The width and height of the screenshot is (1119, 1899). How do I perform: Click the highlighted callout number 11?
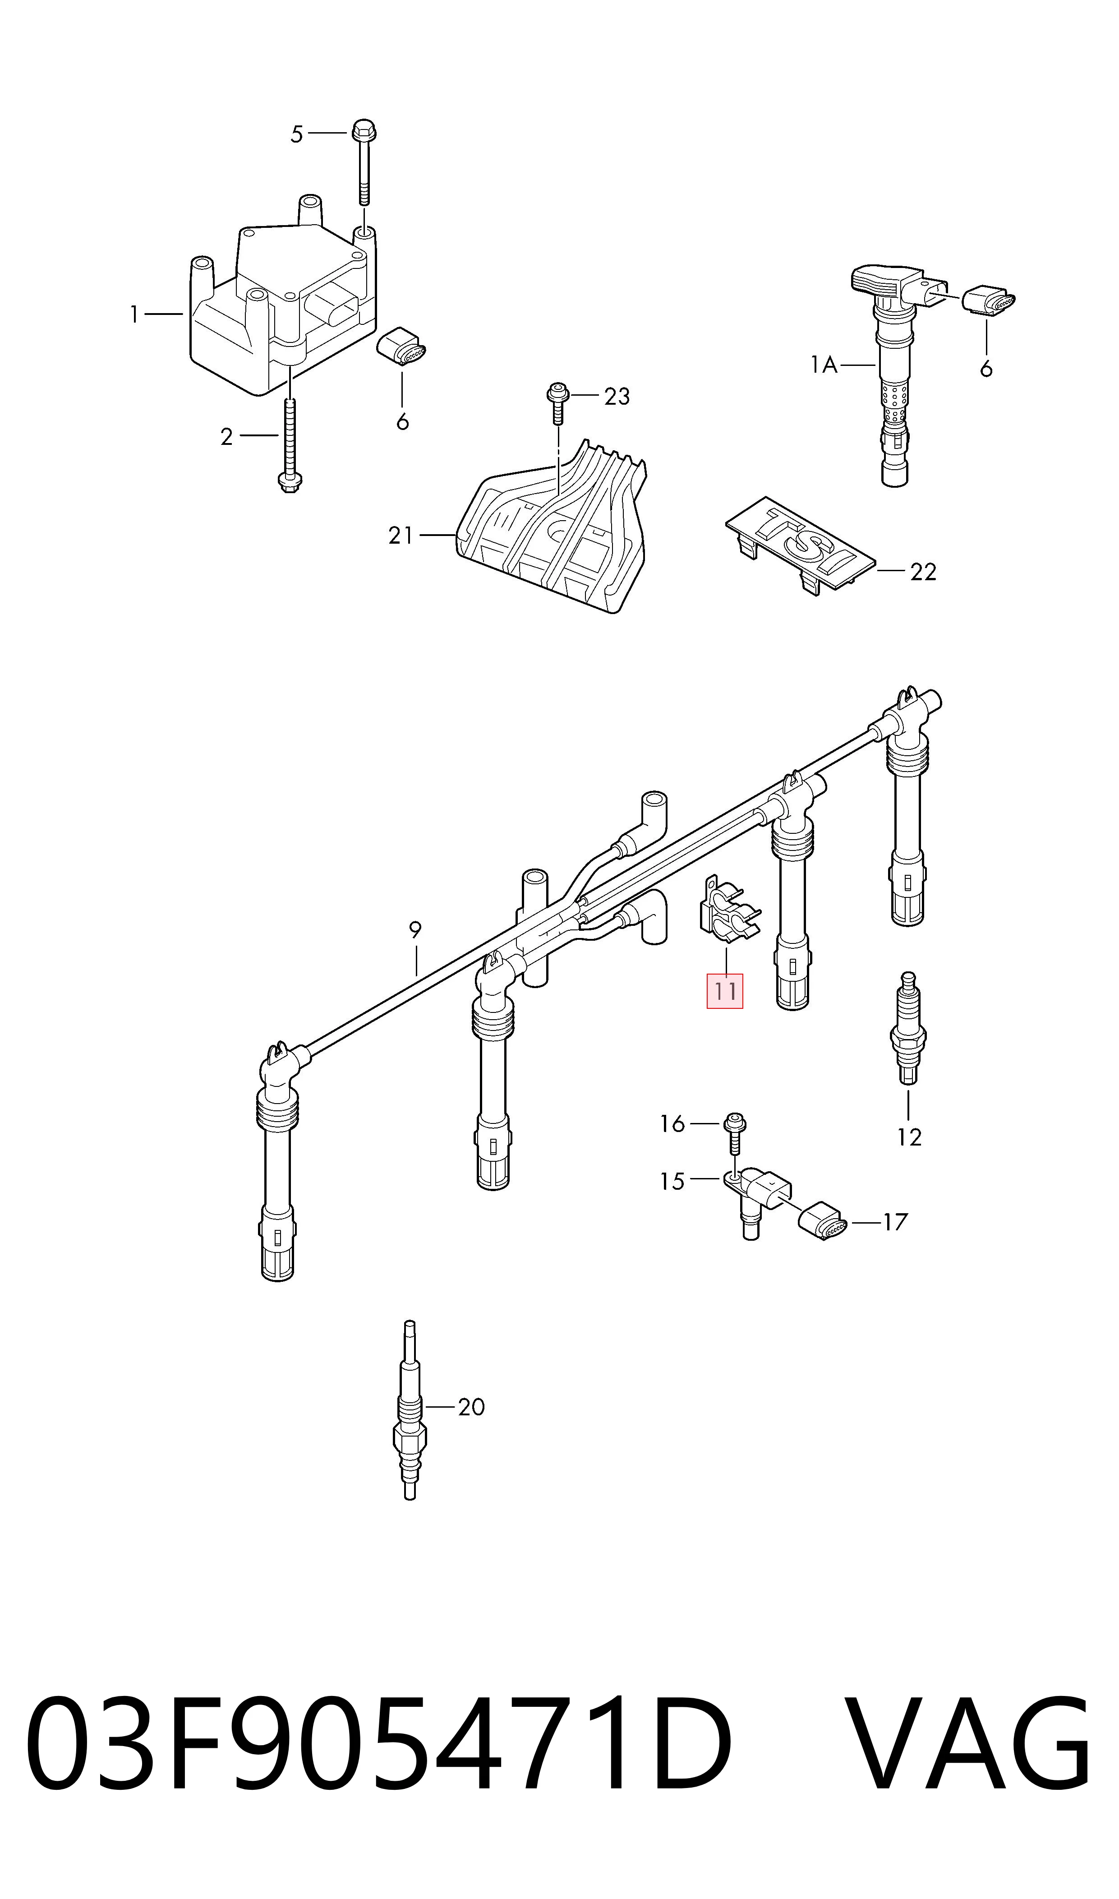[x=725, y=991]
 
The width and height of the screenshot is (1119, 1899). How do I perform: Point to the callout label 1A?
[x=824, y=366]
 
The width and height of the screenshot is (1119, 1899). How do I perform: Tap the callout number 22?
[x=923, y=573]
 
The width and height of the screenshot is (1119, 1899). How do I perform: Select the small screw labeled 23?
[x=557, y=403]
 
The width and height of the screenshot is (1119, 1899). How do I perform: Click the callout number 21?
[x=401, y=536]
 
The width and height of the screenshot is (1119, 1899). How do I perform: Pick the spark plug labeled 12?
[x=908, y=1030]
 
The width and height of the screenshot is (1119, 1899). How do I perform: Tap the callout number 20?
[x=471, y=1407]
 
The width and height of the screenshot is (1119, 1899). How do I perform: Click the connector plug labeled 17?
[x=824, y=1220]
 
